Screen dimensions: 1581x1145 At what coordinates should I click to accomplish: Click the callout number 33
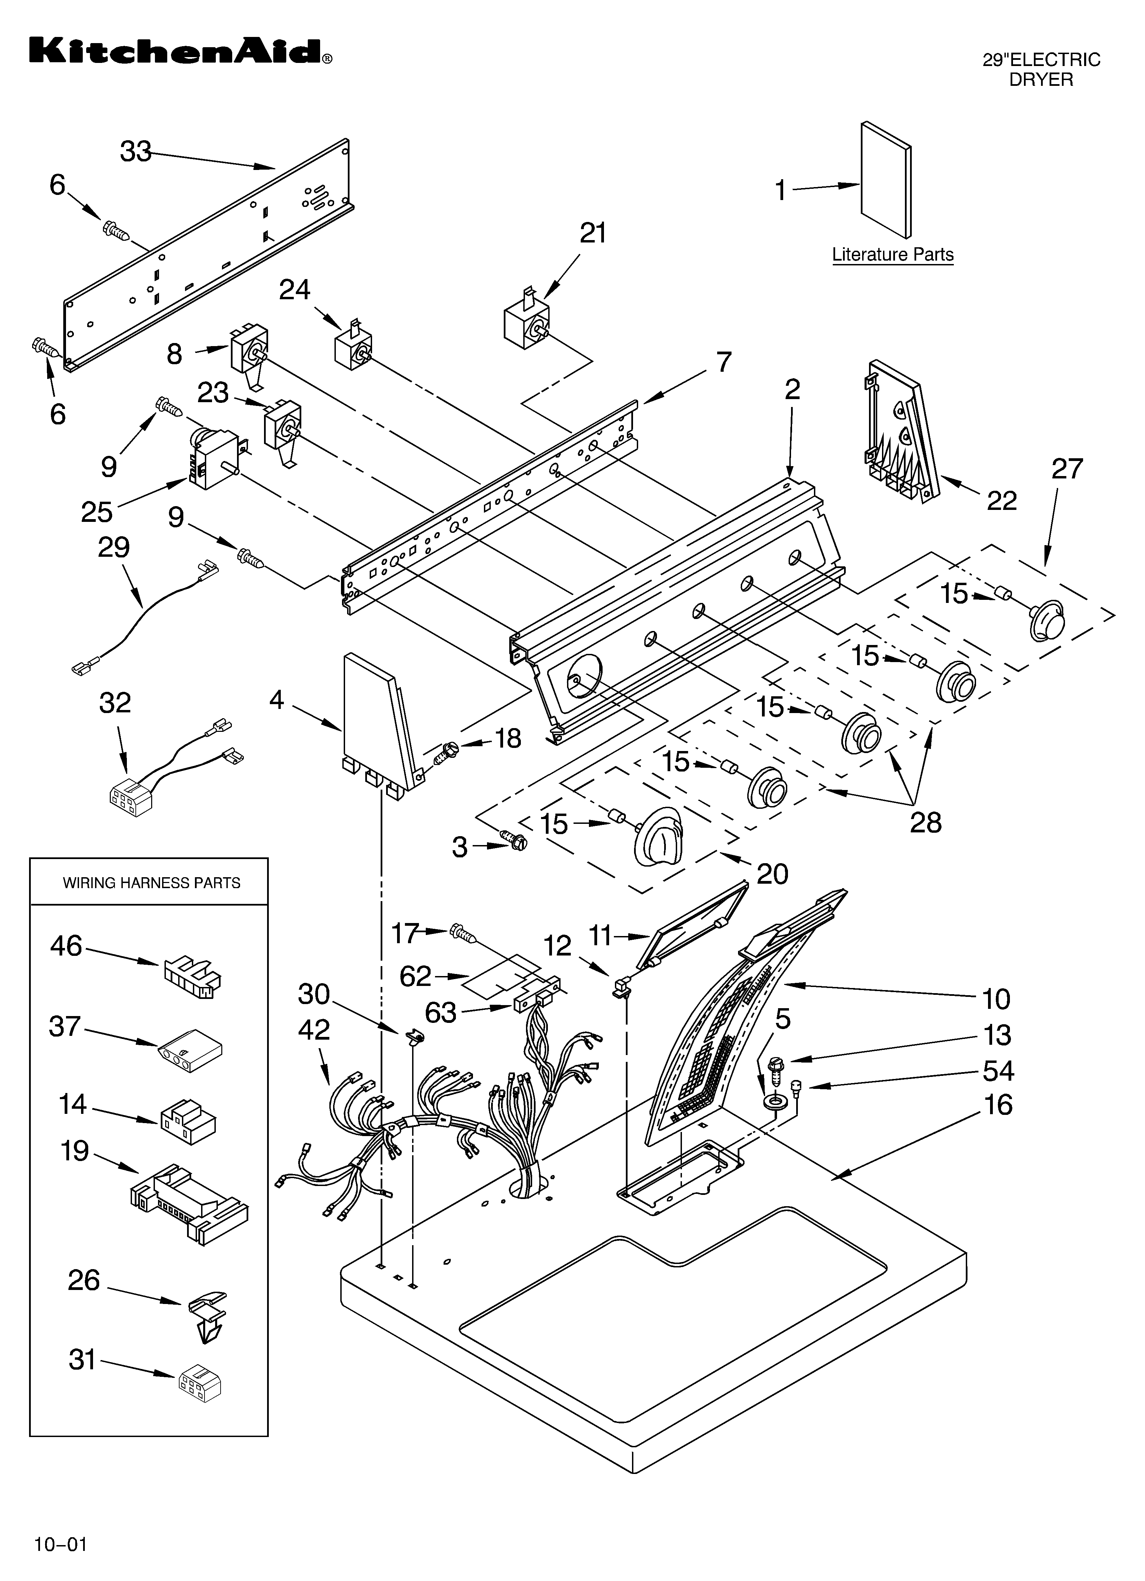pos(136,151)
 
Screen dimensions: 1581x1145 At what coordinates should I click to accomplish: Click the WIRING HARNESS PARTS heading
pos(151,883)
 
